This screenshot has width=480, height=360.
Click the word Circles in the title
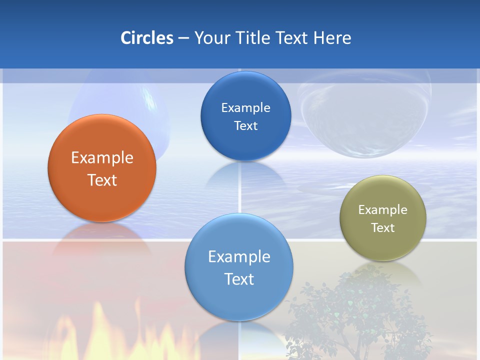click(147, 38)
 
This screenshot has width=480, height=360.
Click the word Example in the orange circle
click(102, 158)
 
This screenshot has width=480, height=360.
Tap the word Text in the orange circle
click(102, 180)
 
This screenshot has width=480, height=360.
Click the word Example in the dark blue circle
click(245, 108)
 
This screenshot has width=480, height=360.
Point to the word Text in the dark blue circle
click(245, 126)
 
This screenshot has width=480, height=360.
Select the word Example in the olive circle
click(383, 210)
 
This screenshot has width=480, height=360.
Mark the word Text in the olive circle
click(383, 228)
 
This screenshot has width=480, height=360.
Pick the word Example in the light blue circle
click(239, 257)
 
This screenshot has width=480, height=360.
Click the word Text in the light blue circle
click(239, 279)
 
